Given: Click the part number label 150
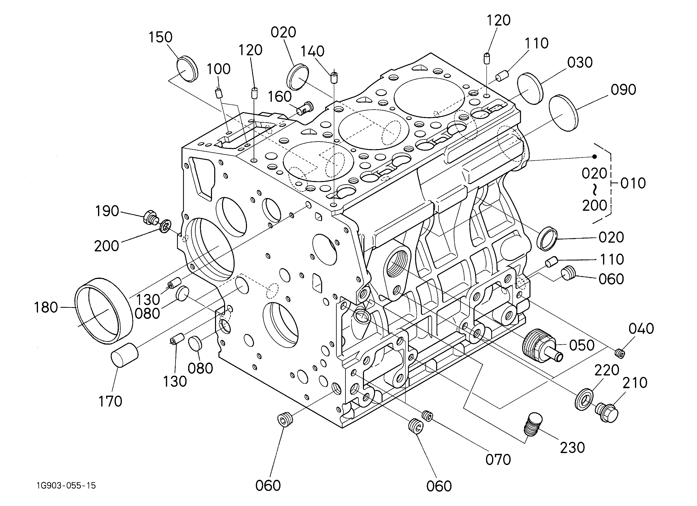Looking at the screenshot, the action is (160, 37).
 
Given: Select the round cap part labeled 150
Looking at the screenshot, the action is (187, 69).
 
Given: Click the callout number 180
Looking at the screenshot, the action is (46, 307).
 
